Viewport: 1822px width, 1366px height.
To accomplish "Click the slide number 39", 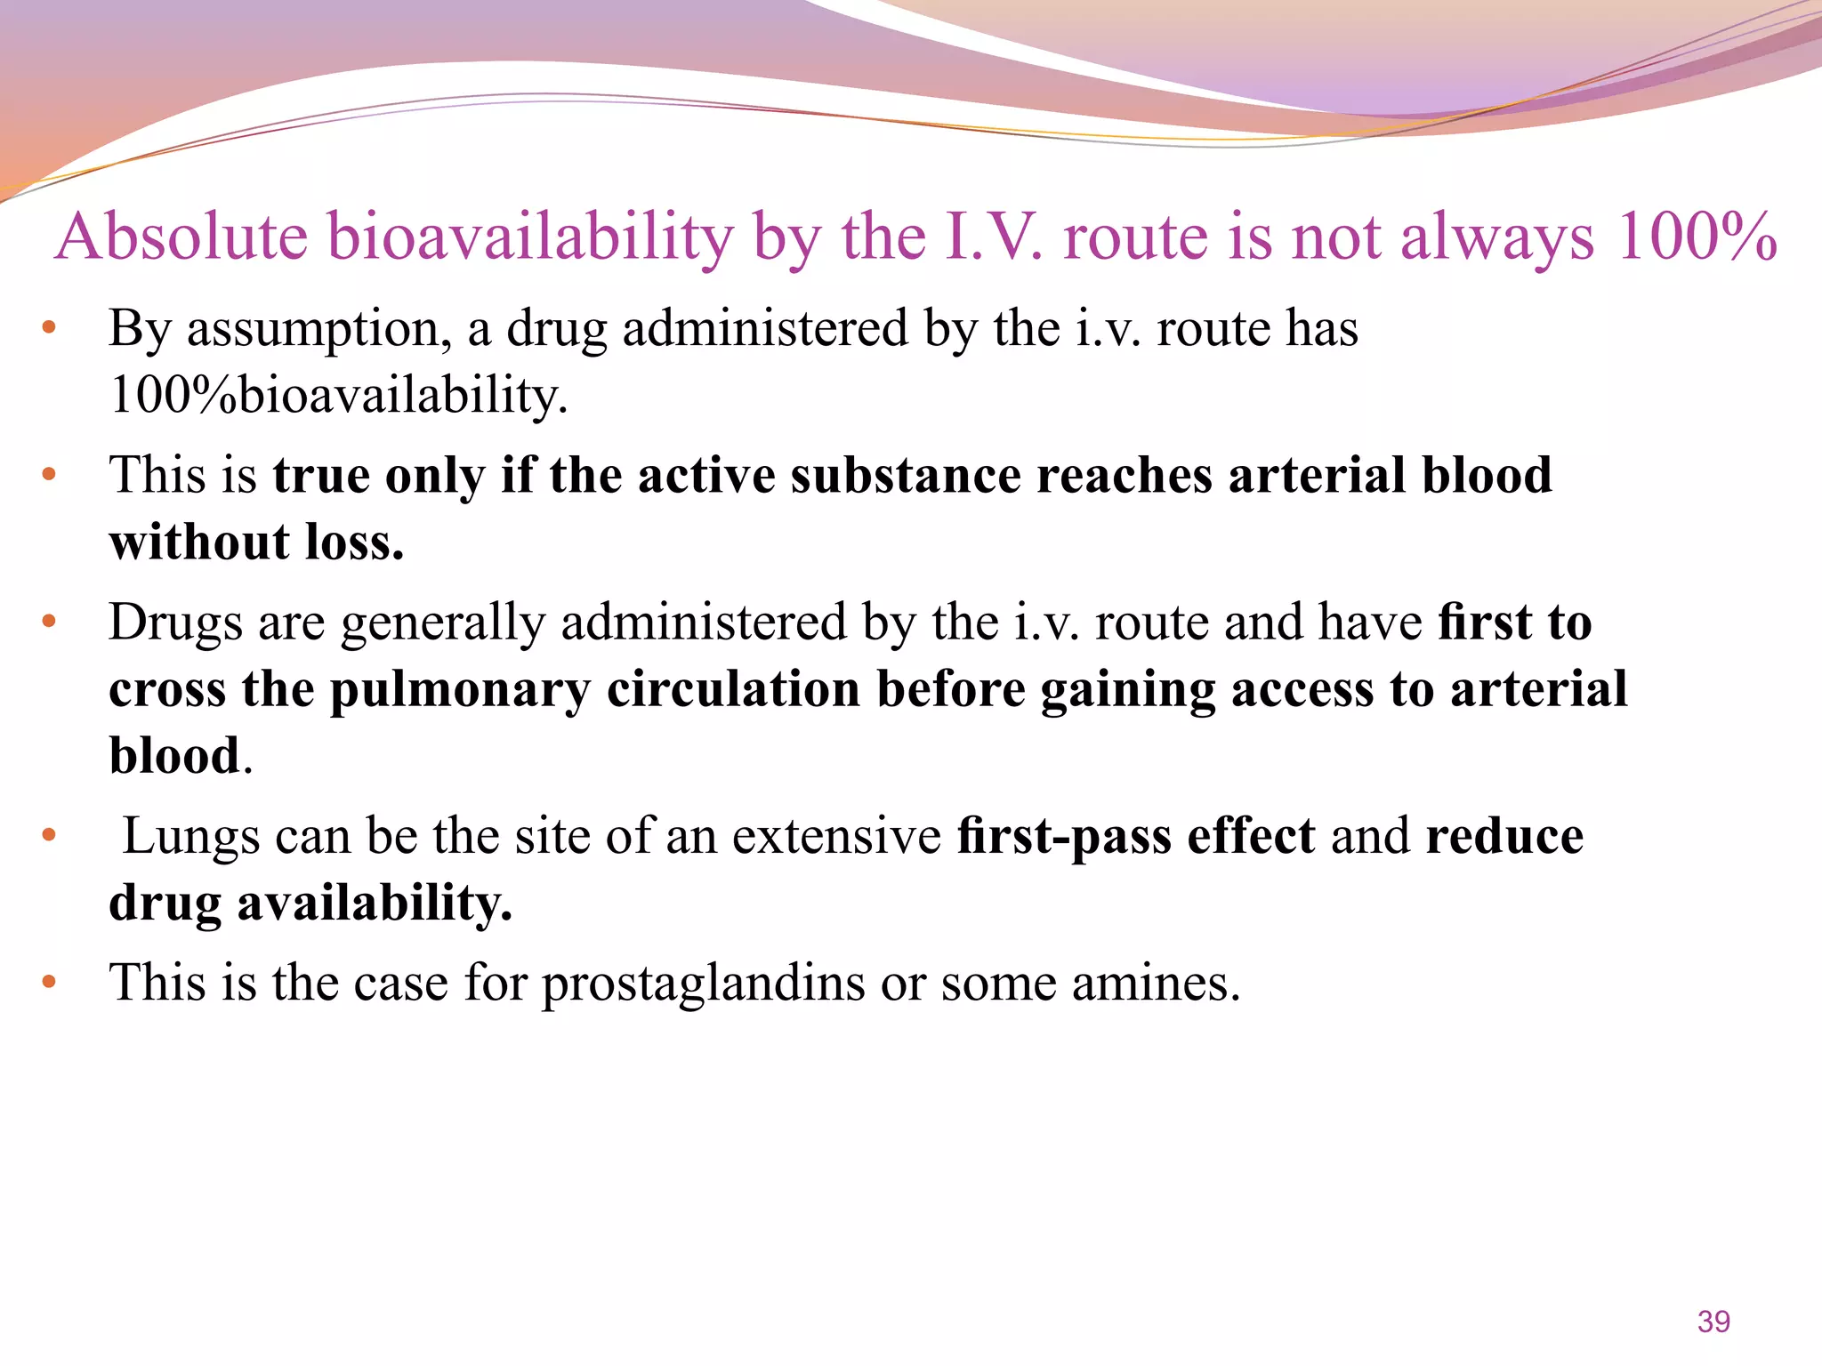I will tap(1713, 1322).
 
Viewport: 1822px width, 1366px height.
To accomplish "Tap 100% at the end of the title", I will tap(1696, 237).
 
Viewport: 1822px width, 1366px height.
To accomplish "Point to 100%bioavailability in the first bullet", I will tap(338, 396).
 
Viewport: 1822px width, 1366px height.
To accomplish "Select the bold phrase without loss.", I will tap(256, 542).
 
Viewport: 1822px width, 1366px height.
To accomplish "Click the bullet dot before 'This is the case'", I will tap(49, 982).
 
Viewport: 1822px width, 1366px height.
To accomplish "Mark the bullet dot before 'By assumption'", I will tap(49, 328).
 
